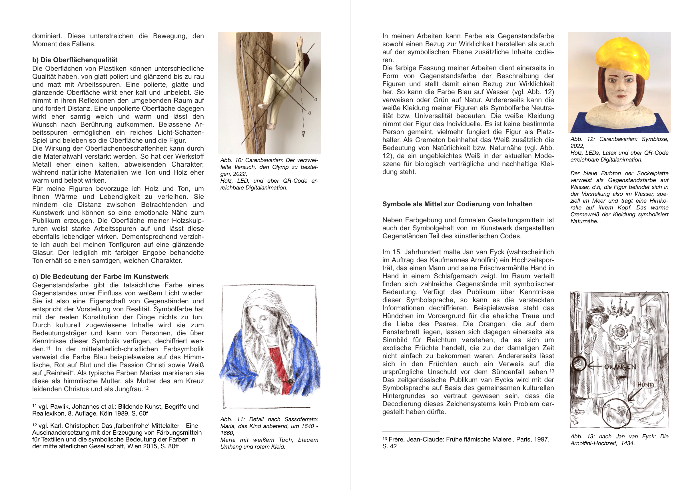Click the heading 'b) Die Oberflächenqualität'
[x=75, y=60]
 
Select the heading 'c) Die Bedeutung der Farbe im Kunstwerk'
[x=100, y=277]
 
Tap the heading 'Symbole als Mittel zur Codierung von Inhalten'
[x=457, y=204]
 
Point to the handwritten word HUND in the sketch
[x=645, y=385]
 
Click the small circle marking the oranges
[x=578, y=364]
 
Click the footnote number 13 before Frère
[x=385, y=439]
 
